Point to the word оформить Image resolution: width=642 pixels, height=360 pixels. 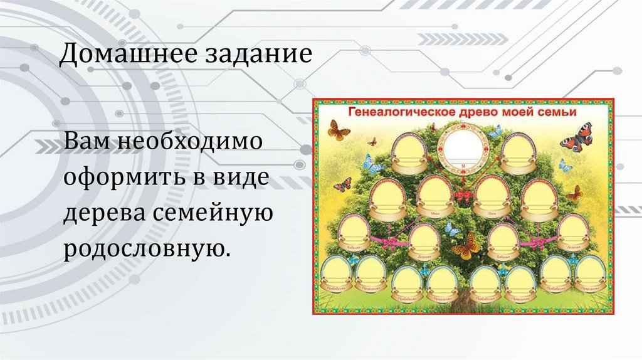click(x=119, y=179)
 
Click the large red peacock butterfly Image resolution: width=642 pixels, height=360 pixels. click(x=576, y=137)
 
